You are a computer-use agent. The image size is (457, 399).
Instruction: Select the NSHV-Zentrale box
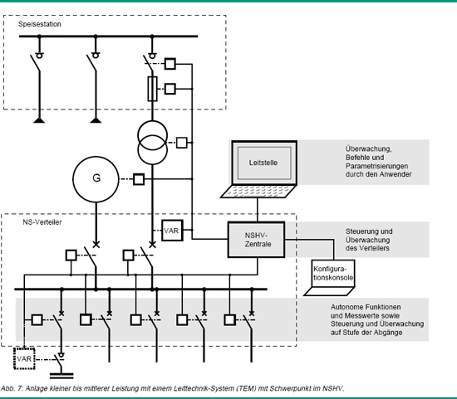click(257, 240)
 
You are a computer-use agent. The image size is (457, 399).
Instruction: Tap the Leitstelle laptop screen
click(264, 163)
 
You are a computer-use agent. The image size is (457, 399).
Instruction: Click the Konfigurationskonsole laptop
click(330, 278)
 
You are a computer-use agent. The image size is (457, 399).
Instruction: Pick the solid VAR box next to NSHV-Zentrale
click(172, 231)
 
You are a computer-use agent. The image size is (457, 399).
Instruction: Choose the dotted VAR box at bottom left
click(24, 358)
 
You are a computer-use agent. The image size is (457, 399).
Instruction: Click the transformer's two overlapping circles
click(152, 143)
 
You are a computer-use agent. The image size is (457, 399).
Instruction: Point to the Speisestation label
click(40, 24)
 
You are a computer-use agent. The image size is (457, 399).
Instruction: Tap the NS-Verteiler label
click(42, 222)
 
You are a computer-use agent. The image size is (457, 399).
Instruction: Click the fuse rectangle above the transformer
click(152, 89)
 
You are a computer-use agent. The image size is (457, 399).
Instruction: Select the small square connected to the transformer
click(182, 143)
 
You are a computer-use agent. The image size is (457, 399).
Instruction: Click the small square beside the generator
click(139, 179)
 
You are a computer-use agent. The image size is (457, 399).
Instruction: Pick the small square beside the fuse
click(170, 89)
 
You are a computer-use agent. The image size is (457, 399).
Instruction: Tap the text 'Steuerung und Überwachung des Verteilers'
click(369, 240)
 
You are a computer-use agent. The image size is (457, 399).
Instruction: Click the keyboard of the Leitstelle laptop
click(258, 192)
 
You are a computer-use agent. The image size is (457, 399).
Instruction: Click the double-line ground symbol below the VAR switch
click(61, 376)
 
